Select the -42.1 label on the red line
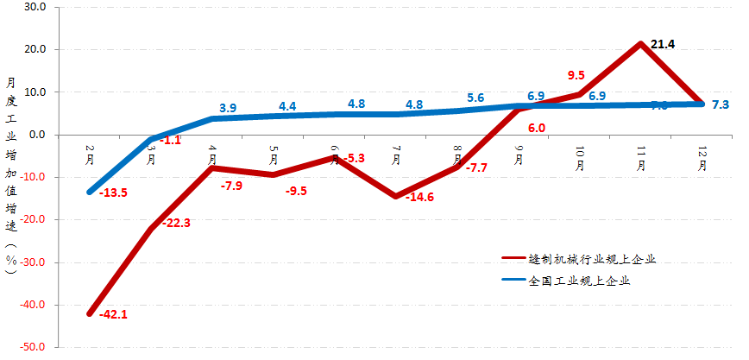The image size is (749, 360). (x=113, y=314)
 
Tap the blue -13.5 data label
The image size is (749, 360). (x=113, y=193)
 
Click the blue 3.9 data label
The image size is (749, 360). (x=228, y=109)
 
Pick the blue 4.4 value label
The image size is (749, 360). (x=288, y=107)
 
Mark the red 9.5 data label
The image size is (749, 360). (x=577, y=75)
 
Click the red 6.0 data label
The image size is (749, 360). (x=536, y=128)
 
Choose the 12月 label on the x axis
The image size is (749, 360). (x=702, y=158)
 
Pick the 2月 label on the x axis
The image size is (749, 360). (x=90, y=155)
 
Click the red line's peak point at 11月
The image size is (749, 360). (x=640, y=43)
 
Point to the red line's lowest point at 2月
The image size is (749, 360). (x=90, y=313)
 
